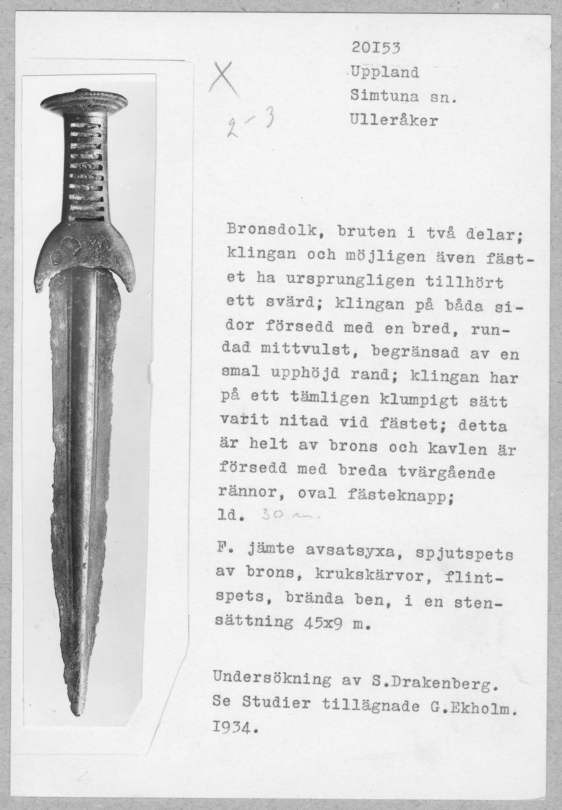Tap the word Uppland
[385, 73]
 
